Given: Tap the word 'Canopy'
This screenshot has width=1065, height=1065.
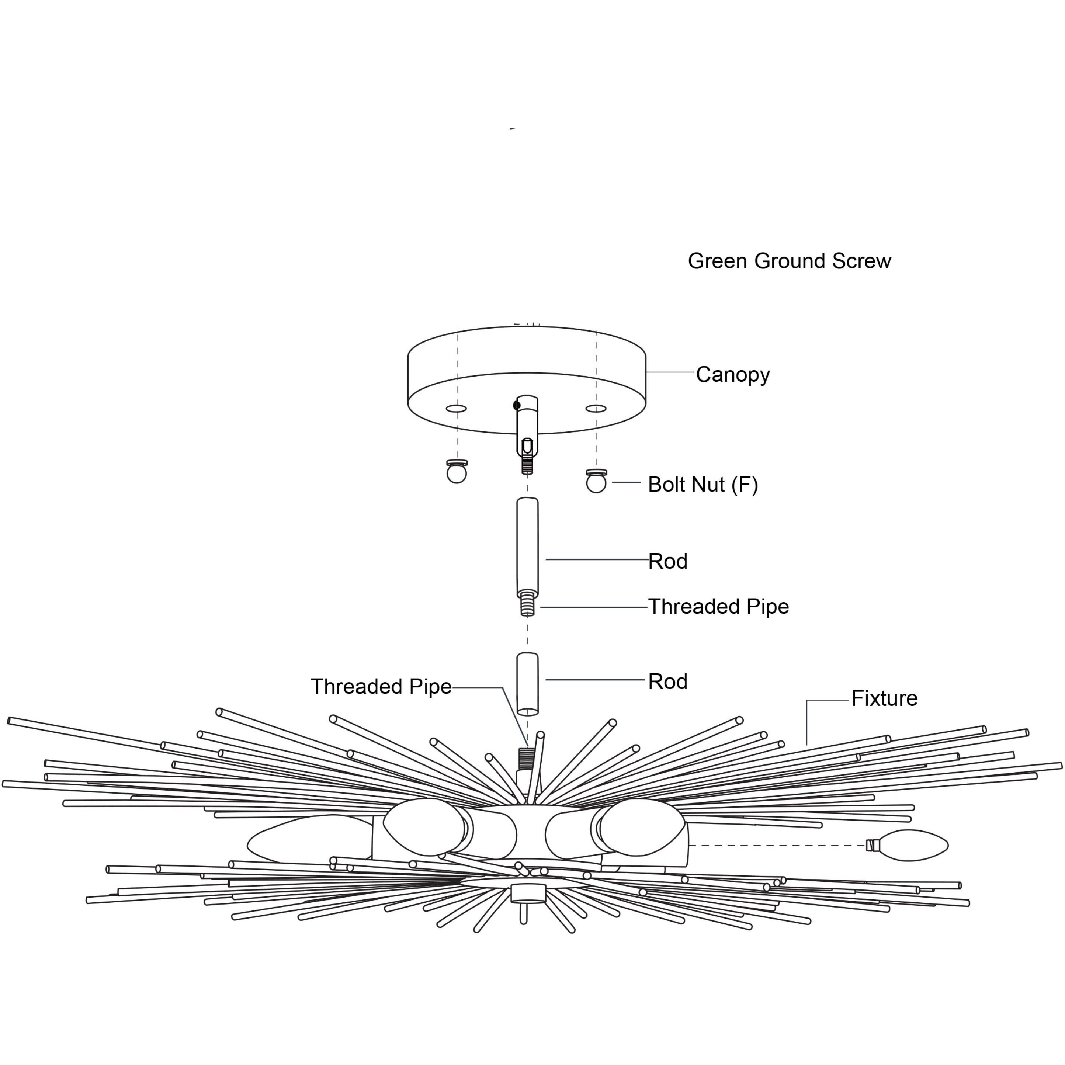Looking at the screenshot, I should (733, 375).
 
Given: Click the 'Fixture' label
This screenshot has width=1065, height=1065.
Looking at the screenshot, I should (884, 698).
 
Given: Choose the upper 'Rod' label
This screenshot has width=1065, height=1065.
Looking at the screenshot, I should (667, 561).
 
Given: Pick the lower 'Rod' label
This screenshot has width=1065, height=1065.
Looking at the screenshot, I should (667, 681).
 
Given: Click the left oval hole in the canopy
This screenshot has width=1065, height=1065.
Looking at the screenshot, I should (456, 409).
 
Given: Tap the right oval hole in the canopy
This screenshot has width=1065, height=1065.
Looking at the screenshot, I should (596, 409).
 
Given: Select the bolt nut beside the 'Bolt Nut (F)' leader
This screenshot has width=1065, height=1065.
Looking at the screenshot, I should (596, 482).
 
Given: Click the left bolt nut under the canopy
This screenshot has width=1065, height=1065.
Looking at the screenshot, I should (457, 472).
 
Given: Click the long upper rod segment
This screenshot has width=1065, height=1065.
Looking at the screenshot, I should (527, 546).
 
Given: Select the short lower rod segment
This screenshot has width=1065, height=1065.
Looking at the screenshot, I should (527, 684).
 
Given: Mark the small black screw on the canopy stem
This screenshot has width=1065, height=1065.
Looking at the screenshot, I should (517, 405).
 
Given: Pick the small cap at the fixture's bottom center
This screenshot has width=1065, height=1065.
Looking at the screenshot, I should (528, 894).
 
